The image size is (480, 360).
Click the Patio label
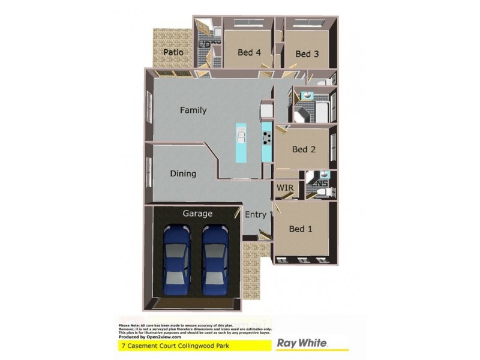coord(173,52)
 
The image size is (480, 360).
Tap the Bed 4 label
coord(249,52)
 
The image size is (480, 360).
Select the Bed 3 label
coord(307,54)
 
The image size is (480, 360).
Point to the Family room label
coord(193,110)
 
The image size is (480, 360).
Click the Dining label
coord(183,174)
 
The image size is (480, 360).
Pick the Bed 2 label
coord(304,149)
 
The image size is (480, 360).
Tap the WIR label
coord(285,188)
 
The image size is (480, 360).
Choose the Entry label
coord(256,215)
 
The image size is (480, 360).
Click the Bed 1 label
coord(301,229)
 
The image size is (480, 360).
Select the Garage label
coord(198,213)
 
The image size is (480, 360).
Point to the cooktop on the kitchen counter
coord(266,138)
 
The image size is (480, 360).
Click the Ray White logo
coord(301,343)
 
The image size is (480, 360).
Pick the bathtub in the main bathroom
coord(321,112)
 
